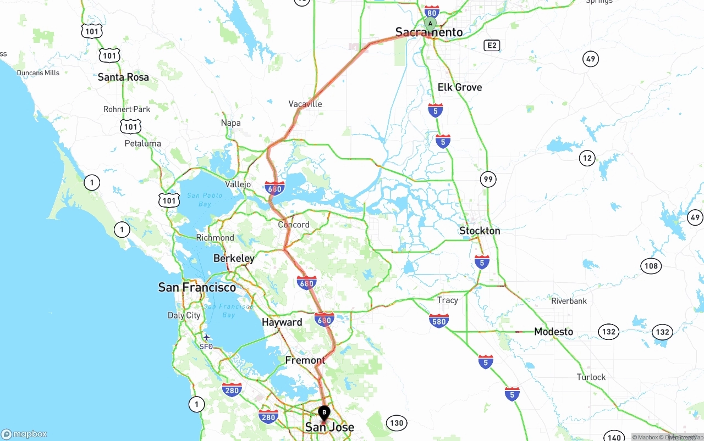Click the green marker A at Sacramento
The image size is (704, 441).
430,23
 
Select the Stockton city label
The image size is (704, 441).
480,231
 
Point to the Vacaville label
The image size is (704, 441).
305,104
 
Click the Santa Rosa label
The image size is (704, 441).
123,77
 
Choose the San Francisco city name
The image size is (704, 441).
197,287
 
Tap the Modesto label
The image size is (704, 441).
553,332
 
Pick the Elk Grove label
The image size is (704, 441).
459,87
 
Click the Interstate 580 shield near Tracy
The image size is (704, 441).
438,321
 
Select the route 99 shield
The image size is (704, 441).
487,179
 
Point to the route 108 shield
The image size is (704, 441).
651,266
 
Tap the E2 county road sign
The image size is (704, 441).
492,45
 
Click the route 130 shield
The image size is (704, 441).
396,423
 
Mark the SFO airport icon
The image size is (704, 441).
206,337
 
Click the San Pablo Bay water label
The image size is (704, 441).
205,199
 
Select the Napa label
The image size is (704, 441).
230,122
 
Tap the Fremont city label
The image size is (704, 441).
305,360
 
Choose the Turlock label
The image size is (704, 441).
591,377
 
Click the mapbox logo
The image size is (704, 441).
24,434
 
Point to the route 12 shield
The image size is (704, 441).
587,159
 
